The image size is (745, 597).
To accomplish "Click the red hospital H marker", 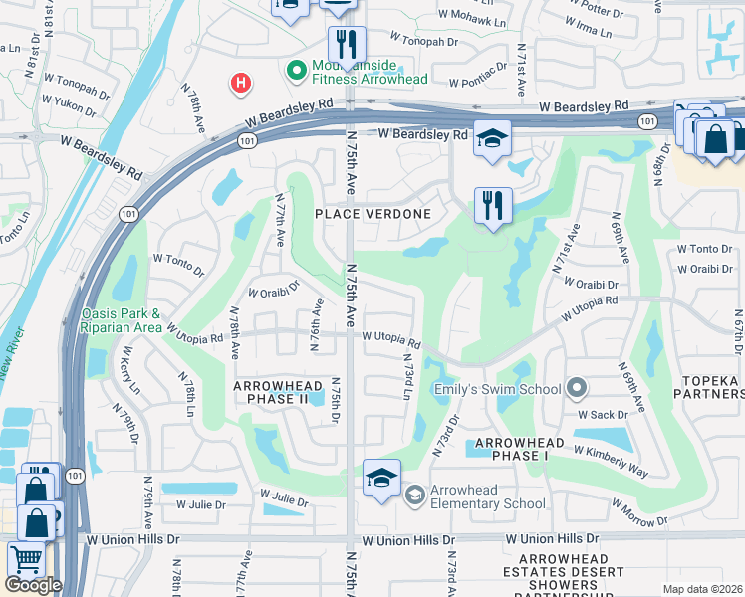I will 240,83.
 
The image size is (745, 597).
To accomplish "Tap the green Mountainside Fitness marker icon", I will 296,70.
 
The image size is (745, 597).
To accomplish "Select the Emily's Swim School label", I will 497,389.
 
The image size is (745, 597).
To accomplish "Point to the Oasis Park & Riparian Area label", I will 122,320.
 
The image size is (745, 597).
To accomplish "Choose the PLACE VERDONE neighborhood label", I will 373,214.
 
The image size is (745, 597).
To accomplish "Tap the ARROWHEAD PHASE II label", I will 278,392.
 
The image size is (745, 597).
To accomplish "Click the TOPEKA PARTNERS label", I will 711,387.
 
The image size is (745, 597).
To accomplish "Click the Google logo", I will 33,584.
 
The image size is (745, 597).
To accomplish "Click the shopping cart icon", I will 26,560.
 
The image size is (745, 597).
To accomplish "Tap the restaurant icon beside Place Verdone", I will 493,206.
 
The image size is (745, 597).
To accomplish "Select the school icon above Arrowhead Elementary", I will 381,478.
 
